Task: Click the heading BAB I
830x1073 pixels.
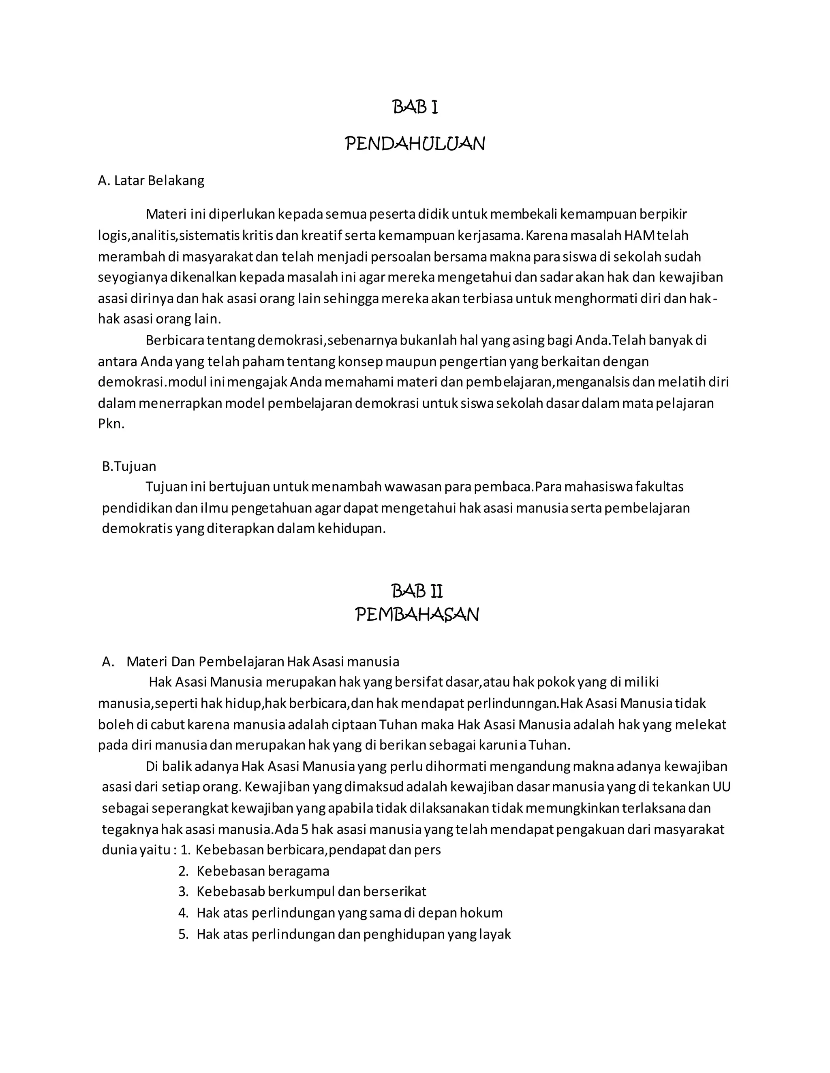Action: tap(415, 107)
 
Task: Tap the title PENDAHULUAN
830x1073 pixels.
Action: tap(415, 144)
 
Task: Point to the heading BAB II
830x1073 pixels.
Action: tap(417, 591)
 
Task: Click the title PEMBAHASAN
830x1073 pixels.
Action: tap(417, 615)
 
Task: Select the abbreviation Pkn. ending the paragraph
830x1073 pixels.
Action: tap(111, 424)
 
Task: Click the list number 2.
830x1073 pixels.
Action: tap(184, 871)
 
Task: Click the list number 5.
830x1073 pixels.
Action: tap(184, 934)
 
